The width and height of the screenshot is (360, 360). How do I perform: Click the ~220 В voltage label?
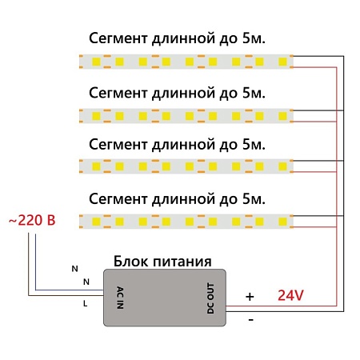[31, 219]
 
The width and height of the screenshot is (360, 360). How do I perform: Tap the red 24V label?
[290, 295]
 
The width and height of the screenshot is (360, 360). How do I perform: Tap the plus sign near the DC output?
[249, 296]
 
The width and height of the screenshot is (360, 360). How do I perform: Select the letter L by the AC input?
[86, 303]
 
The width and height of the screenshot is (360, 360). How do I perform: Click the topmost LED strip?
[187, 61]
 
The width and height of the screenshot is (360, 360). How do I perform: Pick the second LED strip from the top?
[187, 114]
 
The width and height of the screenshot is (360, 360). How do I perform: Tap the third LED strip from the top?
[187, 166]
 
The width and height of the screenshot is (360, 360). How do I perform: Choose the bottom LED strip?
[187, 219]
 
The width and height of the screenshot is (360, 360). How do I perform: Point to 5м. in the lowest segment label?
[251, 197]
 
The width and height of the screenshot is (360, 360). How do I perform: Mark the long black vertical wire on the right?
[344, 184]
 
